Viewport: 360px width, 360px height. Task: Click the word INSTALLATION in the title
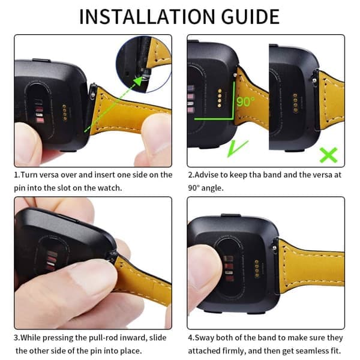pos(148,17)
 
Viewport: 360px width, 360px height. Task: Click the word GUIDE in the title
pos(250,17)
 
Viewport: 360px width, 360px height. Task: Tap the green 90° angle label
pos(245,101)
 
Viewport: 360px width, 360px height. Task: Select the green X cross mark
pos(329,155)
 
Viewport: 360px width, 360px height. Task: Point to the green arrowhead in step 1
pos(138,81)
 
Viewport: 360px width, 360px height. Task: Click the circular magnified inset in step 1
pos(143,64)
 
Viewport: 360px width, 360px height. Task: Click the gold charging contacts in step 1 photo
pos(65,113)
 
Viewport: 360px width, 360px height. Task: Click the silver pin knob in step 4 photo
pos(274,247)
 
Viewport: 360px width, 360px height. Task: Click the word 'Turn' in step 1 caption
pos(29,175)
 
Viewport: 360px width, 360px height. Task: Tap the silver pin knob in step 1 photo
pos(92,95)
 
